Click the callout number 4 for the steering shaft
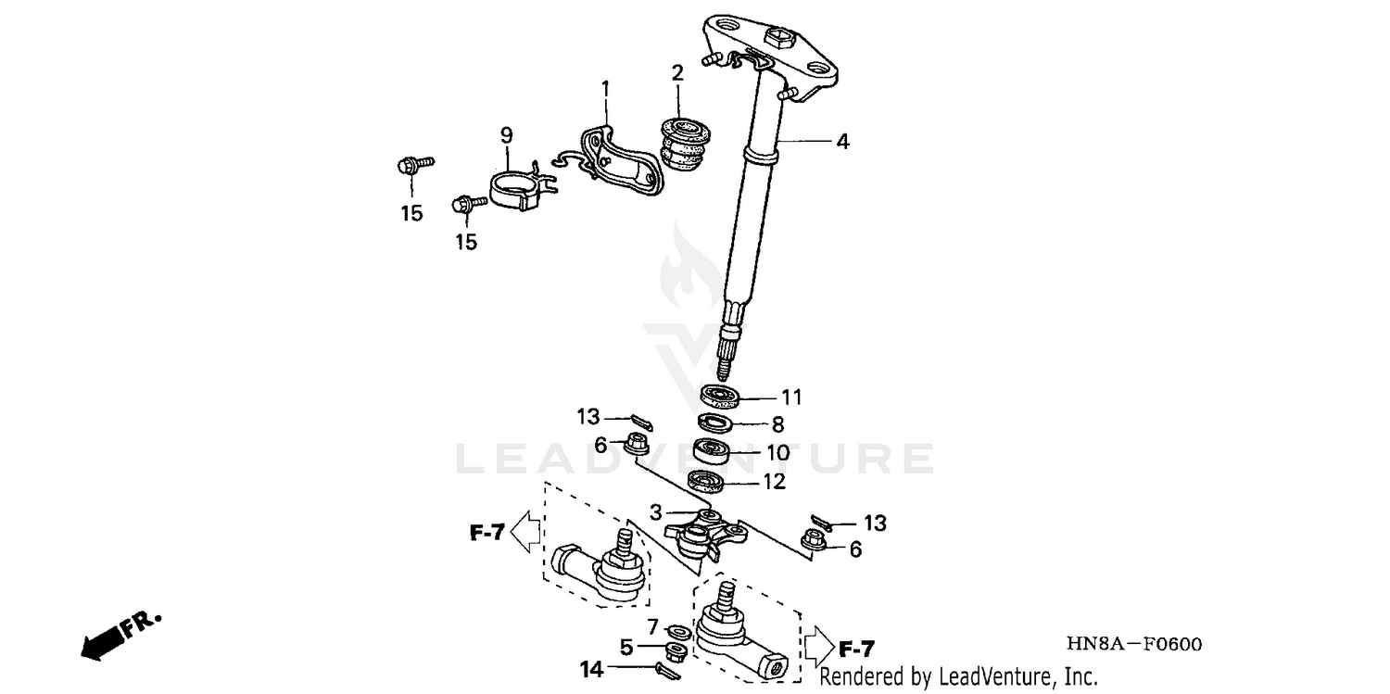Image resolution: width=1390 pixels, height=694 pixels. [x=842, y=142]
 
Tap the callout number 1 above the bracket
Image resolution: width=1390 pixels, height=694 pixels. [x=605, y=89]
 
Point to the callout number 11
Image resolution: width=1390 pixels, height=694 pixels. [x=790, y=397]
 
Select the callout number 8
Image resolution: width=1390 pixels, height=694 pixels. [x=777, y=424]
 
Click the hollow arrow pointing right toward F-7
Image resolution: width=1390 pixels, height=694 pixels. [x=817, y=639]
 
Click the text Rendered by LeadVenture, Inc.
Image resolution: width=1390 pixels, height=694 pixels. [x=957, y=676]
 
